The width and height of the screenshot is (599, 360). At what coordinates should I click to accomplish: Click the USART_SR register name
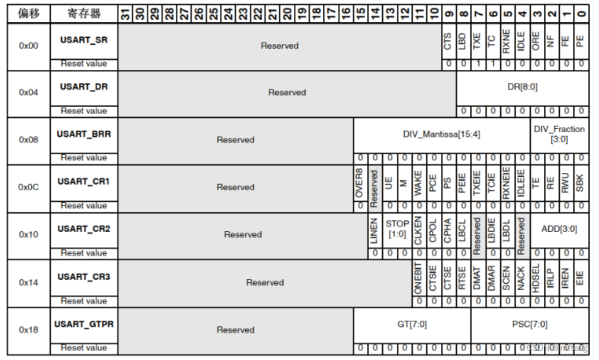[x=84, y=40]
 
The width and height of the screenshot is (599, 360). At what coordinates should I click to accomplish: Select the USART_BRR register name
[x=84, y=134]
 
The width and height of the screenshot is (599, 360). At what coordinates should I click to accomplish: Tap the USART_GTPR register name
[x=84, y=324]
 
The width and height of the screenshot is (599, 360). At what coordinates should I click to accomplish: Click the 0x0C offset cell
[x=28, y=187]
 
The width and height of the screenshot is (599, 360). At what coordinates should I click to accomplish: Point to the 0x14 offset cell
[x=28, y=282]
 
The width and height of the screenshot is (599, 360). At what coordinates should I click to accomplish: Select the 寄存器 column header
[x=84, y=12]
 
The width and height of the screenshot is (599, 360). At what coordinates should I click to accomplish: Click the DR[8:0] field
[x=522, y=87]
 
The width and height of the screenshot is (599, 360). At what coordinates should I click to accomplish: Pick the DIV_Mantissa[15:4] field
[x=442, y=134]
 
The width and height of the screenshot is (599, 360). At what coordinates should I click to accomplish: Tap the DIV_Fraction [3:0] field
[x=559, y=134]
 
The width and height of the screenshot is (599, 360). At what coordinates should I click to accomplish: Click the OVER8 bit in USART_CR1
[x=360, y=182]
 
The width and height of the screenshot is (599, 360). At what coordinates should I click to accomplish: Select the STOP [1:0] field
[x=397, y=229]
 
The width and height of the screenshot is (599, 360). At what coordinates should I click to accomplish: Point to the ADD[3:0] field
[x=559, y=229]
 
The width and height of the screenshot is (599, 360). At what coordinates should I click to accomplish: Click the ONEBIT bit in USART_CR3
[x=418, y=276]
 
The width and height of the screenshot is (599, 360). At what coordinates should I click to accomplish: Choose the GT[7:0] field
[x=412, y=324]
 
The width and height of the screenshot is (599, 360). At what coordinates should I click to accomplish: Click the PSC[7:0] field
[x=530, y=324]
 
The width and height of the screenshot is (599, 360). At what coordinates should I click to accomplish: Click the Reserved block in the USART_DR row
[x=287, y=92]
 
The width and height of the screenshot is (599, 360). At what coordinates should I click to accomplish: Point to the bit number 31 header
[x=125, y=12]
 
